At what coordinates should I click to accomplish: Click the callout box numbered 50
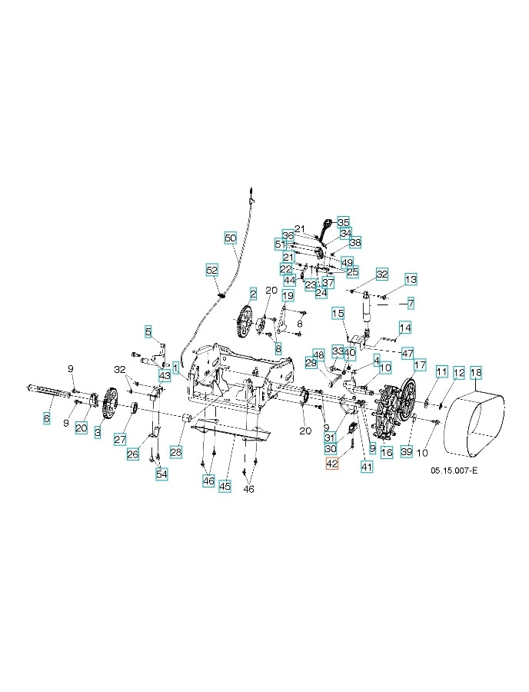pyautogui.click(x=231, y=238)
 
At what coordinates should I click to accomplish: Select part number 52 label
pyautogui.click(x=212, y=270)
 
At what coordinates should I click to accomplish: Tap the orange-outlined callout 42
pyautogui.click(x=332, y=464)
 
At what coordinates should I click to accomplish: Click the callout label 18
pyautogui.click(x=476, y=373)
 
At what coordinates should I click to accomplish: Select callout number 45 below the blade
pyautogui.click(x=225, y=486)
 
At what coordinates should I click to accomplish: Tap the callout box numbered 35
pyautogui.click(x=343, y=221)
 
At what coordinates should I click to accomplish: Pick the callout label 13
pyautogui.click(x=411, y=279)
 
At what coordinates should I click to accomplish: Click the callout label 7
pyautogui.click(x=411, y=303)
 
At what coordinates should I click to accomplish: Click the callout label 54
pyautogui.click(x=161, y=474)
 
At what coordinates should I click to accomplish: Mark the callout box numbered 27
pyautogui.click(x=120, y=439)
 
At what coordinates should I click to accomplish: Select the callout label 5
pyautogui.click(x=148, y=331)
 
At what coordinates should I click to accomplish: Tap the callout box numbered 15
pyautogui.click(x=337, y=313)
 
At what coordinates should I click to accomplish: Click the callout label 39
pyautogui.click(x=407, y=451)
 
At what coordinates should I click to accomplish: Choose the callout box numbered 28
pyautogui.click(x=176, y=451)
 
